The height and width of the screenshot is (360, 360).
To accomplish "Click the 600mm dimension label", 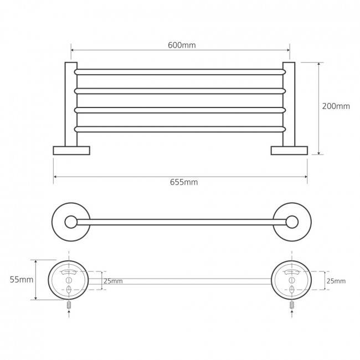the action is pyautogui.click(x=182, y=45).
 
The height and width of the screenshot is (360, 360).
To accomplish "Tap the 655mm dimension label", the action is pyautogui.click(x=184, y=182).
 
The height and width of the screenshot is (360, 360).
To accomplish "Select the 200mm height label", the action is pyautogui.click(x=336, y=106).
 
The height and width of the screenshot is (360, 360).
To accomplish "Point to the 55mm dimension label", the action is pyautogui.click(x=22, y=280).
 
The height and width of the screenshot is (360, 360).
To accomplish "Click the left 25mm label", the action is pyautogui.click(x=113, y=281).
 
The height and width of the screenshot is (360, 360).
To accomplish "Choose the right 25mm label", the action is pyautogui.click(x=336, y=281).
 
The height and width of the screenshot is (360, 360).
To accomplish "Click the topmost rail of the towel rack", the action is pyautogui.click(x=180, y=72).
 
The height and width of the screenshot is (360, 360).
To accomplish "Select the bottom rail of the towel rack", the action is pyautogui.click(x=180, y=129).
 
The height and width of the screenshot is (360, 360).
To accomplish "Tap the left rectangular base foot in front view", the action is pyautogui.click(x=71, y=151).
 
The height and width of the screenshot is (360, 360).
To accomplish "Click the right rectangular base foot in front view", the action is pyautogui.click(x=289, y=151).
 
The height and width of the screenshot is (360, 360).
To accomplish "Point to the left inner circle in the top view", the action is pyautogui.click(x=71, y=222).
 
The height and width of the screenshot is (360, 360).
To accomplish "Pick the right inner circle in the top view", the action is pyautogui.click(x=292, y=222).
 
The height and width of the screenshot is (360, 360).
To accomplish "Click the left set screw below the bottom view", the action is pyautogui.click(x=69, y=305).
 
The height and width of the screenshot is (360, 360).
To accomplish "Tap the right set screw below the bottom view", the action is pyautogui.click(x=292, y=305).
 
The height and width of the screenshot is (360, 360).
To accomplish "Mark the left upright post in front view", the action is pyautogui.click(x=71, y=104).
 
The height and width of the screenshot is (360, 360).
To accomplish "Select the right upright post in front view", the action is pyautogui.click(x=289, y=104).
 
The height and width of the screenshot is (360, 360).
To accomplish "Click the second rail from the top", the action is pyautogui.click(x=180, y=91).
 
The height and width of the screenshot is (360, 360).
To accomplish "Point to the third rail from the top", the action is pyautogui.click(x=180, y=110).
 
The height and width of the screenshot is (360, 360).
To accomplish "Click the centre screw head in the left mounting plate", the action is pyautogui.click(x=69, y=280).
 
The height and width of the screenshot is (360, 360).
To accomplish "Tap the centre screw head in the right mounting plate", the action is pyautogui.click(x=291, y=280).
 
